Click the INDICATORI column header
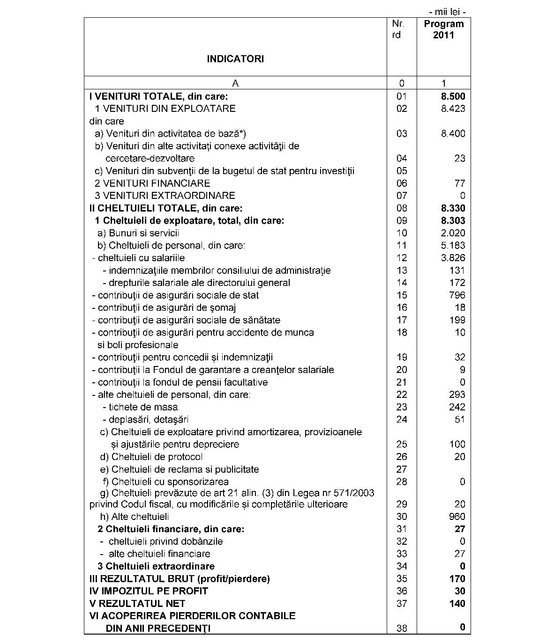(x=235, y=59)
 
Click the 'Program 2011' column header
(x=443, y=29)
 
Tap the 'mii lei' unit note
(x=447, y=12)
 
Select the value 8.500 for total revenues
(x=453, y=96)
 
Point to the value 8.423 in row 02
(x=453, y=109)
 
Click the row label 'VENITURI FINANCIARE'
(x=152, y=183)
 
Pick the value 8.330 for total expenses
(x=453, y=208)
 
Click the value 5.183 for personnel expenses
(x=453, y=245)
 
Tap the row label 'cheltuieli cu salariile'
(x=139, y=258)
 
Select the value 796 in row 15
(x=457, y=295)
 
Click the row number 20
(x=402, y=370)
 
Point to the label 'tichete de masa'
(x=140, y=407)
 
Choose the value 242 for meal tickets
(x=457, y=407)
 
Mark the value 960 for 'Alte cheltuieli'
(x=457, y=517)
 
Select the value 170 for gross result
(x=457, y=579)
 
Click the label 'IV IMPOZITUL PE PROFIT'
(x=149, y=591)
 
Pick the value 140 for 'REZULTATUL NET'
(x=457, y=604)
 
